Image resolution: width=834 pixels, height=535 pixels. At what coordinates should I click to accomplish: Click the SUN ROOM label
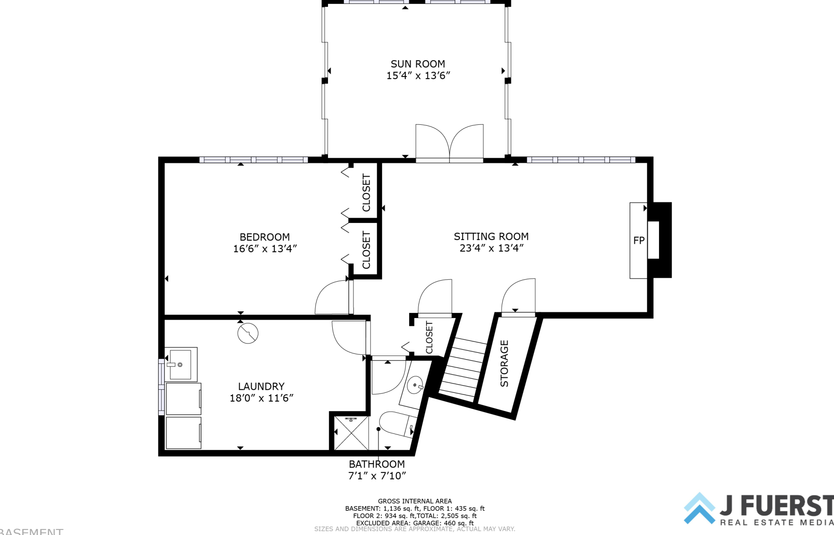[x=418, y=64]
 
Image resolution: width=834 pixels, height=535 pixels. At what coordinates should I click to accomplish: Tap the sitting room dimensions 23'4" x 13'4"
[x=492, y=248]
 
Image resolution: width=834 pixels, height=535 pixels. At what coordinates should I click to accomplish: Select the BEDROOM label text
[x=265, y=237]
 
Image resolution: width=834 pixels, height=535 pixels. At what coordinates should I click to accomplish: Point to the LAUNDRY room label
[x=261, y=386]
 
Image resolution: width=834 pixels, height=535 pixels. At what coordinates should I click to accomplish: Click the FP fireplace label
[x=639, y=240]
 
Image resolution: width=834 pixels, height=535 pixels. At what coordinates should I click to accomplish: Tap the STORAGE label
[x=504, y=363]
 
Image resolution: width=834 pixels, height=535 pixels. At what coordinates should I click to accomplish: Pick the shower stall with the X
[x=351, y=433]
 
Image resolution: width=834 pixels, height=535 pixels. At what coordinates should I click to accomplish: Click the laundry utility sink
[x=181, y=364]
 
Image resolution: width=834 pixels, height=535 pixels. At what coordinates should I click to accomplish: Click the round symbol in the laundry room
[x=248, y=333]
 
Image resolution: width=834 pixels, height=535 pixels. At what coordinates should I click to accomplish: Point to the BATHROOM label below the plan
[x=377, y=464]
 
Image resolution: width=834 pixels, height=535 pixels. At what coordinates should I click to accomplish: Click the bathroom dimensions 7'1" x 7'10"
[x=377, y=476]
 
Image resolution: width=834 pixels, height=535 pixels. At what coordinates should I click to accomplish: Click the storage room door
[x=518, y=296]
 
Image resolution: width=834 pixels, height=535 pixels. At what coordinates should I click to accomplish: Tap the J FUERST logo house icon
[x=699, y=508]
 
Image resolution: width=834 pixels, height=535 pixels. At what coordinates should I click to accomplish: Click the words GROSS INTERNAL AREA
[x=415, y=501]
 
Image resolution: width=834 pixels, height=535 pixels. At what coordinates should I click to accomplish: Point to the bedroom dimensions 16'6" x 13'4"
[x=265, y=249]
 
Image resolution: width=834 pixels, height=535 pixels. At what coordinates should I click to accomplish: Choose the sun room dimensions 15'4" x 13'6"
[x=418, y=76]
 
